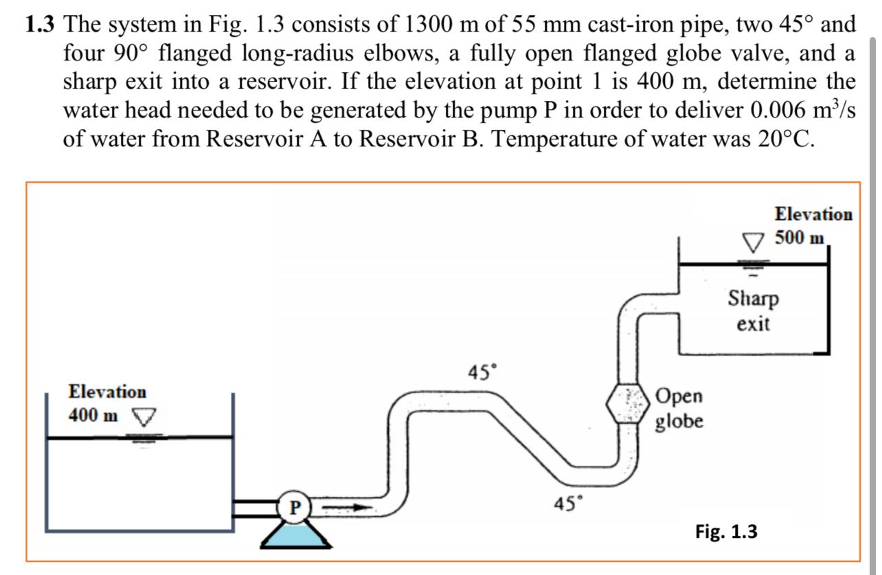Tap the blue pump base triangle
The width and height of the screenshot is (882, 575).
[x=295, y=534]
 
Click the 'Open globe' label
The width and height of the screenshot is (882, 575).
[x=679, y=408]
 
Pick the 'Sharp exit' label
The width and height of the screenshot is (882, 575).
[x=753, y=311]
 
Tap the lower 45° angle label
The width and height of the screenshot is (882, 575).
[x=569, y=504]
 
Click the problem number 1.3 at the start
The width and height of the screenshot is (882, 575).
[x=41, y=26]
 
